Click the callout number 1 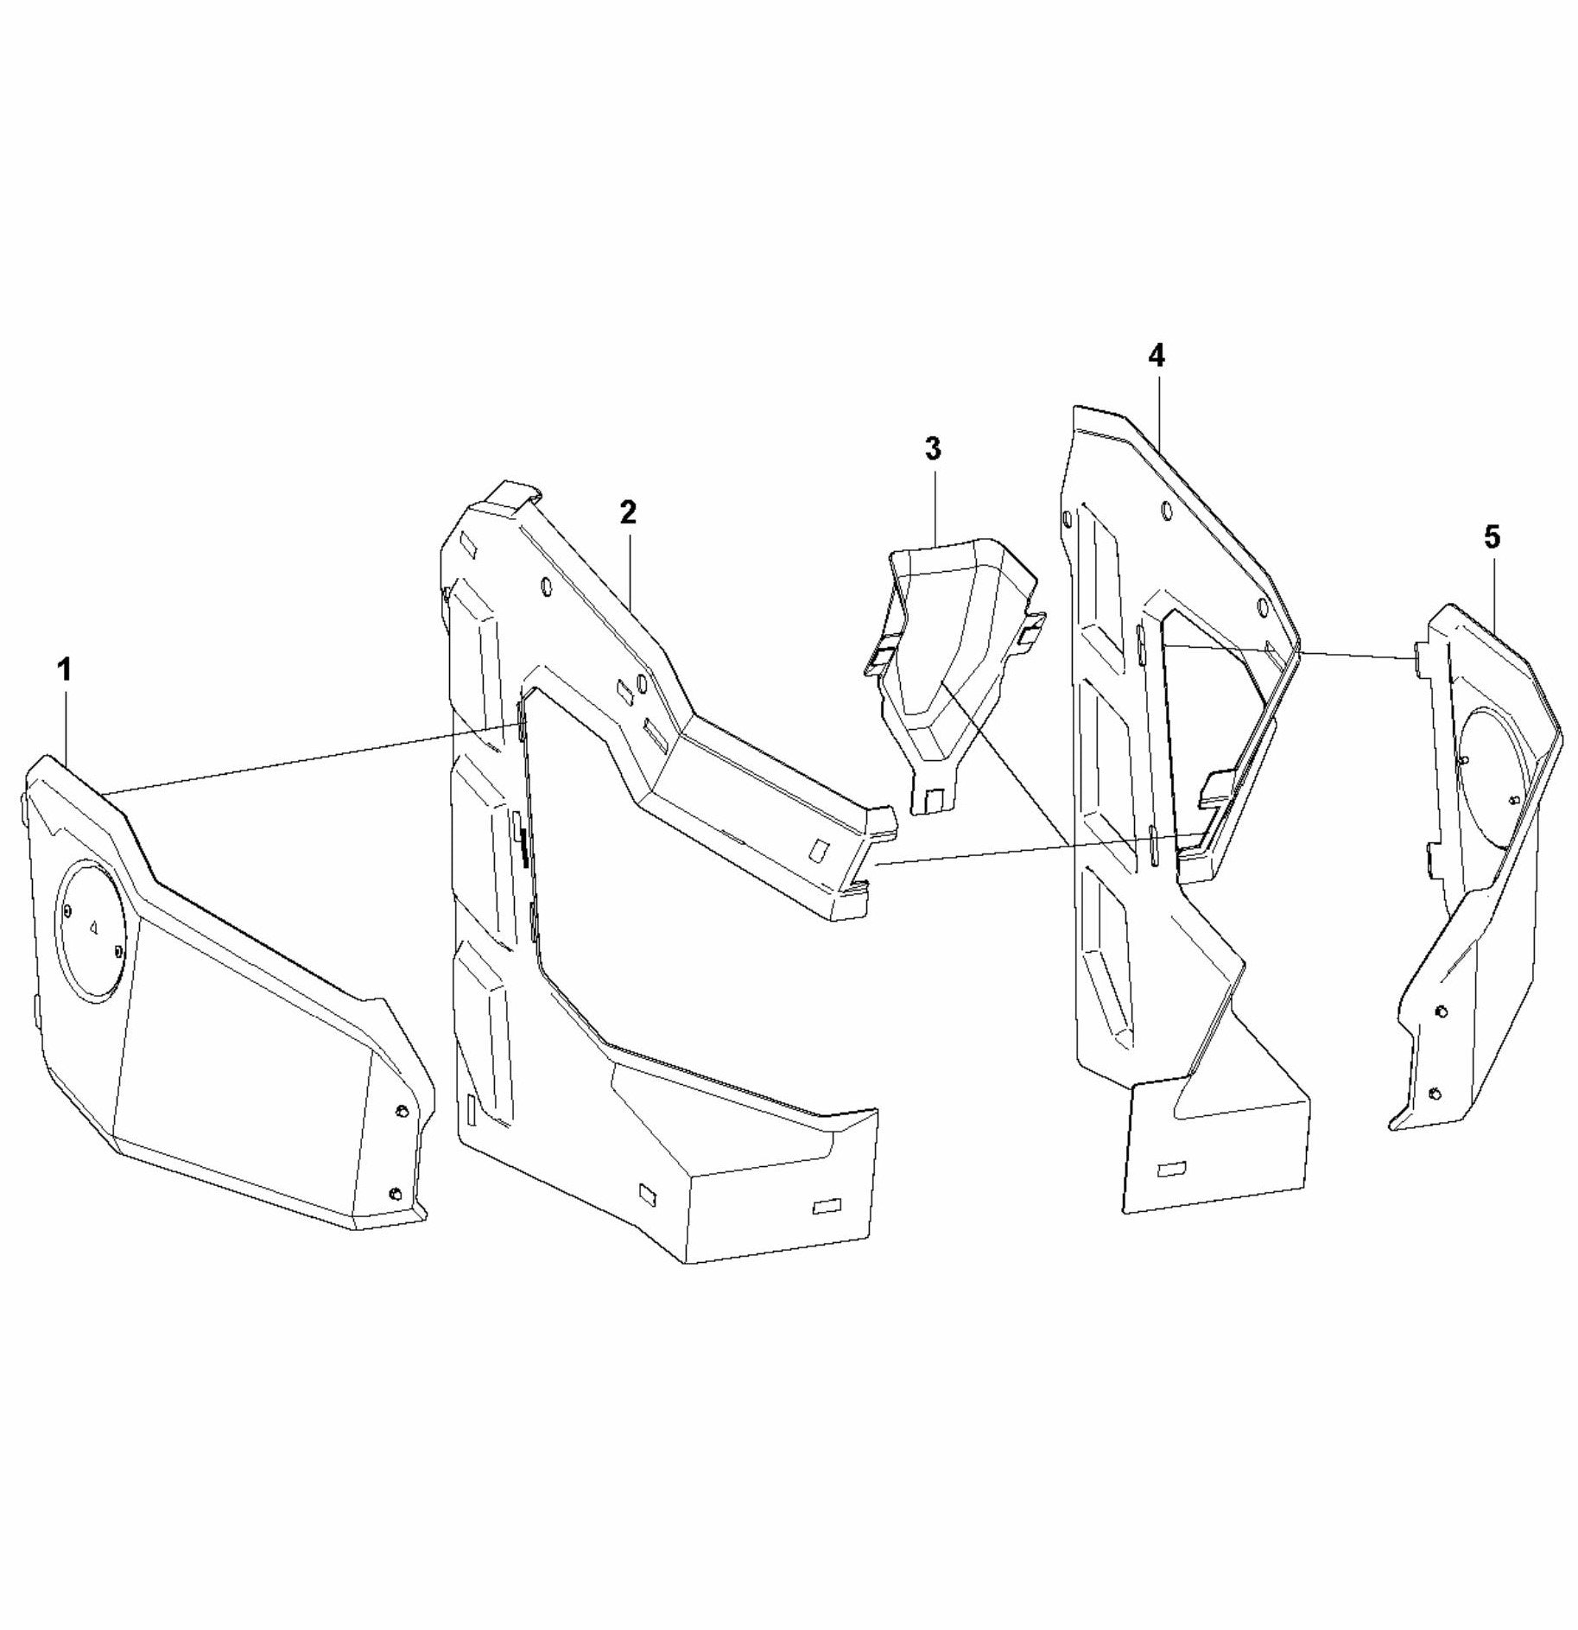pos(65,669)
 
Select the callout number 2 pos(628,512)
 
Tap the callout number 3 pos(933,449)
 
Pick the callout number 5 pos(1492,537)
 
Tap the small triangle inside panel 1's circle pos(94,927)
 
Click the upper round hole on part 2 pos(546,587)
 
